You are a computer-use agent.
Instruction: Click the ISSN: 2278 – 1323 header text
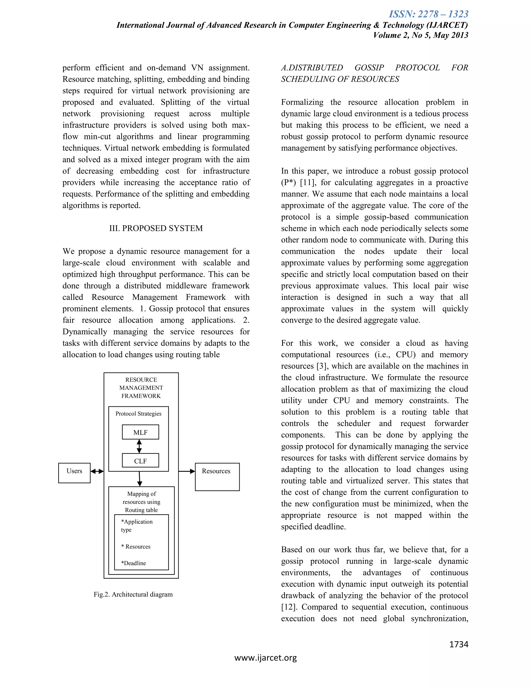[428, 14]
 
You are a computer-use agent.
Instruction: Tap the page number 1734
[459, 644]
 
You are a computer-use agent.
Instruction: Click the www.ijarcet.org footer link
[265, 658]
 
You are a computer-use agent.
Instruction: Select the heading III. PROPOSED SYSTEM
[156, 228]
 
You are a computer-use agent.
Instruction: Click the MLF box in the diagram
[140, 432]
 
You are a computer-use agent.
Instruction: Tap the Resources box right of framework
[217, 476]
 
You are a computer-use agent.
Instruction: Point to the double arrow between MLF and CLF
[139, 446]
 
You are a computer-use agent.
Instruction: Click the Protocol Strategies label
[138, 414]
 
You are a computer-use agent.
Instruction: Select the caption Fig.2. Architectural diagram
[133, 594]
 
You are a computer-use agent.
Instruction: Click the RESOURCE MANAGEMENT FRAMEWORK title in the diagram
[141, 388]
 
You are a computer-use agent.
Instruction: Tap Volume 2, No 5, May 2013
[420, 35]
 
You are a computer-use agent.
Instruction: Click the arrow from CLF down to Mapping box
[140, 479]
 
